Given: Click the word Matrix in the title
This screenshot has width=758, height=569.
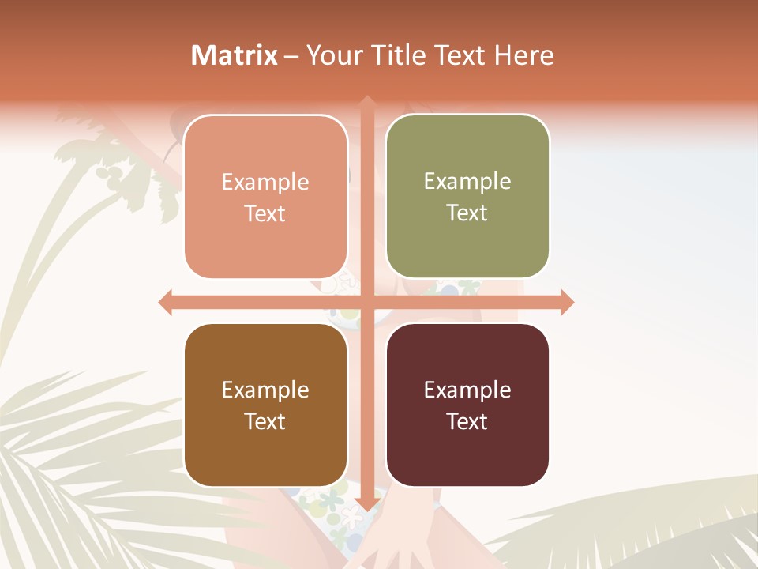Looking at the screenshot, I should tap(235, 55).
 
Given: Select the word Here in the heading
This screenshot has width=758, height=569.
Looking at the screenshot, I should tap(524, 55).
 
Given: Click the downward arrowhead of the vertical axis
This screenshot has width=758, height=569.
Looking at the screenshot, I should tap(367, 503).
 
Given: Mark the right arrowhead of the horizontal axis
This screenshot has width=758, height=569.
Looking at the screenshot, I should tap(567, 303).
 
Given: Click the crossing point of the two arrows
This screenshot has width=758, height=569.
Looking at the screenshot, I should tap(367, 303).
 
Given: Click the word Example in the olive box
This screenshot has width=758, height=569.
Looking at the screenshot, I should tap(467, 182).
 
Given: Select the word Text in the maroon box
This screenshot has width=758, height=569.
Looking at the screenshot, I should tap(467, 422).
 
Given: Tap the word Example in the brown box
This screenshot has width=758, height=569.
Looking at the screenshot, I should tap(265, 390).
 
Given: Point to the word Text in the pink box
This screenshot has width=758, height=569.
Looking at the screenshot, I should tap(265, 214).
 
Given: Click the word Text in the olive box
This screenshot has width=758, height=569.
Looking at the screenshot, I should tap(467, 213).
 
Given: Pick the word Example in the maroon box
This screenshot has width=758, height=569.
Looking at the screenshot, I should tap(467, 390).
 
